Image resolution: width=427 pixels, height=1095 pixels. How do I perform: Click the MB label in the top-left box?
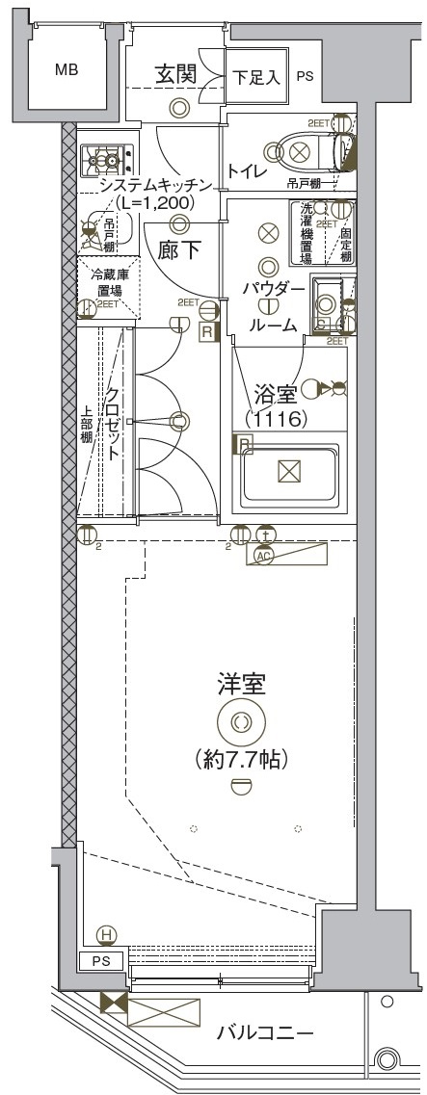pyautogui.click(x=67, y=69)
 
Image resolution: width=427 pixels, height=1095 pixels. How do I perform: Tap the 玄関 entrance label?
pyautogui.click(x=178, y=73)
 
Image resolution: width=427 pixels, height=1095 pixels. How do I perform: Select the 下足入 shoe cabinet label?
pyautogui.click(x=257, y=78)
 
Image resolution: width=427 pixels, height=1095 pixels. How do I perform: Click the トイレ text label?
pyautogui.click(x=249, y=170)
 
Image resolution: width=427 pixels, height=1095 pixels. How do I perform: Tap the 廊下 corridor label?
pyautogui.click(x=179, y=250)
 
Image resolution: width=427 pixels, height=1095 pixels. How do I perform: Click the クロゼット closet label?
pyautogui.click(x=113, y=424)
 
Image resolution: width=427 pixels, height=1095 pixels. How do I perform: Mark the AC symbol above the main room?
pyautogui.click(x=262, y=556)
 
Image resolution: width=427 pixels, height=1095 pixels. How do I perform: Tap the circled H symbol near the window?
pyautogui.click(x=107, y=934)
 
